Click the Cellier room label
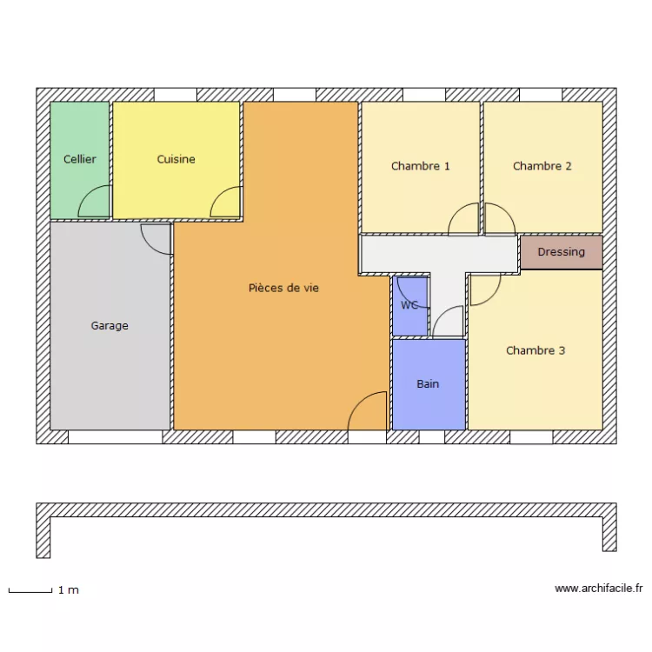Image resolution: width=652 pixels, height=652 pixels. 80,159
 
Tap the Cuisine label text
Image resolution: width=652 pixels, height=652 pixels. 176,159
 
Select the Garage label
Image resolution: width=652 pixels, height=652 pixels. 110,326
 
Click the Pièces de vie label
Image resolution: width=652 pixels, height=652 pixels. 283,288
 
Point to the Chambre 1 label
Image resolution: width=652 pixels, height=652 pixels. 421,166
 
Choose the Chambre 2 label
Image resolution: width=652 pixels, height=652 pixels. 542,166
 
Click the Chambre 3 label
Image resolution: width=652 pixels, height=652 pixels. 536,350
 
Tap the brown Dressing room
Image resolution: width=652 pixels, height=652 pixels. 561,252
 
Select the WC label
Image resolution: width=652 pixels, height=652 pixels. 409,305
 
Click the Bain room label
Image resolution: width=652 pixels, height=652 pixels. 428,383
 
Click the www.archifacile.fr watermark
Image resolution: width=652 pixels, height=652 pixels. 598,589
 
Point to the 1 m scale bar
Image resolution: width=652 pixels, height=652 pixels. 30,591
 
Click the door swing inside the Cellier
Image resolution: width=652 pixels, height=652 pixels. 95,203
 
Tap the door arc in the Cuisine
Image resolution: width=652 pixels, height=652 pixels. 225,203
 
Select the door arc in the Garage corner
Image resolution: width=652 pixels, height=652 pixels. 156,237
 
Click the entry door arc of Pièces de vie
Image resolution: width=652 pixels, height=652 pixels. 367,412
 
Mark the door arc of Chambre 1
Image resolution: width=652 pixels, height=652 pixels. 464,219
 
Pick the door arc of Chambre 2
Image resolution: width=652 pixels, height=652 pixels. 498,219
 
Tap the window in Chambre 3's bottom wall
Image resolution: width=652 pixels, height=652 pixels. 531,437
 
